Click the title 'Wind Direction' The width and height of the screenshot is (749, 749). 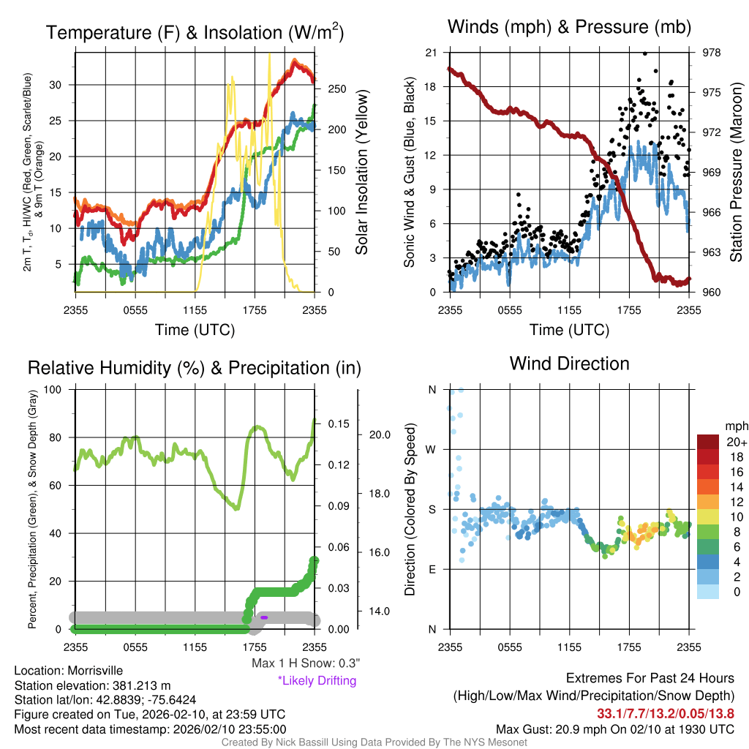(x=569, y=364)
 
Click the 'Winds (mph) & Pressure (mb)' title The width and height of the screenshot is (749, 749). (x=570, y=28)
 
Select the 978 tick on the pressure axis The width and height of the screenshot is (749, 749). (x=711, y=53)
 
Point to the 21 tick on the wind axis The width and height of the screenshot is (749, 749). (x=432, y=53)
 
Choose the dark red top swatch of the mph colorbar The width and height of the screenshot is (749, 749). (x=709, y=442)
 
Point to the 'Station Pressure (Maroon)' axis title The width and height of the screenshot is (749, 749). (x=736, y=173)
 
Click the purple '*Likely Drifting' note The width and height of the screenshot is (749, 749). (x=317, y=681)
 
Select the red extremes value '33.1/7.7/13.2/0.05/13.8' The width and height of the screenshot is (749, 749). (x=666, y=714)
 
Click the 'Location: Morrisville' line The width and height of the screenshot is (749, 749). (x=69, y=671)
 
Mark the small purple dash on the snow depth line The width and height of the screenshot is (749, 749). (x=264, y=618)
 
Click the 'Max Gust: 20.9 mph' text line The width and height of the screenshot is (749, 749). (x=615, y=729)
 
